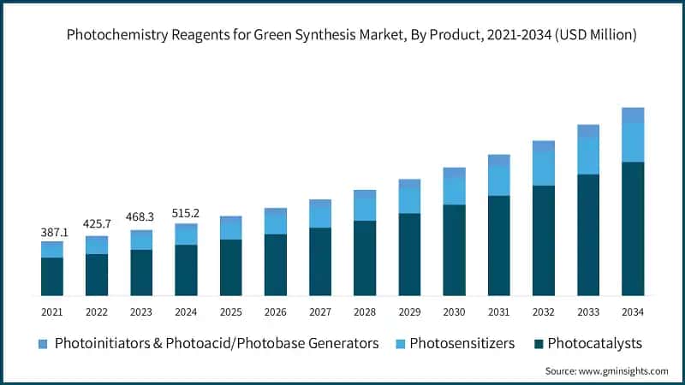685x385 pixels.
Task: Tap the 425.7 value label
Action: coord(97,224)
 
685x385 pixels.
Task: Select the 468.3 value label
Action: coord(141,217)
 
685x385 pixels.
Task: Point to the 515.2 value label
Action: coord(186,212)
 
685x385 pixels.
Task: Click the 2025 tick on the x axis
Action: coord(230,312)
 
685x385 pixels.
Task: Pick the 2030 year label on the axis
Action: coord(454,312)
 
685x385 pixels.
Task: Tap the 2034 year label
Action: coord(633,312)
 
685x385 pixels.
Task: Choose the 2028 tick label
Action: coord(365,312)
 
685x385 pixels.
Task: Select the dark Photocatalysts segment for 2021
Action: coord(52,276)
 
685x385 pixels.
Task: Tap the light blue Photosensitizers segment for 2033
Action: coord(588,157)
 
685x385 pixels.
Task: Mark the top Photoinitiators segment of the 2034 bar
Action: coord(633,115)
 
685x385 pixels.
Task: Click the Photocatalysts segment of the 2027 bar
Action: coord(320,262)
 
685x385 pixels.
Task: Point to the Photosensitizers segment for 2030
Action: coord(454,192)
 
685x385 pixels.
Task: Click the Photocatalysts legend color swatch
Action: coord(538,344)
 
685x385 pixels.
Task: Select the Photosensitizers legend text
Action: coord(462,344)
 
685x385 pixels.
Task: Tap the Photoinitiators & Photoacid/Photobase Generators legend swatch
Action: coord(44,344)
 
